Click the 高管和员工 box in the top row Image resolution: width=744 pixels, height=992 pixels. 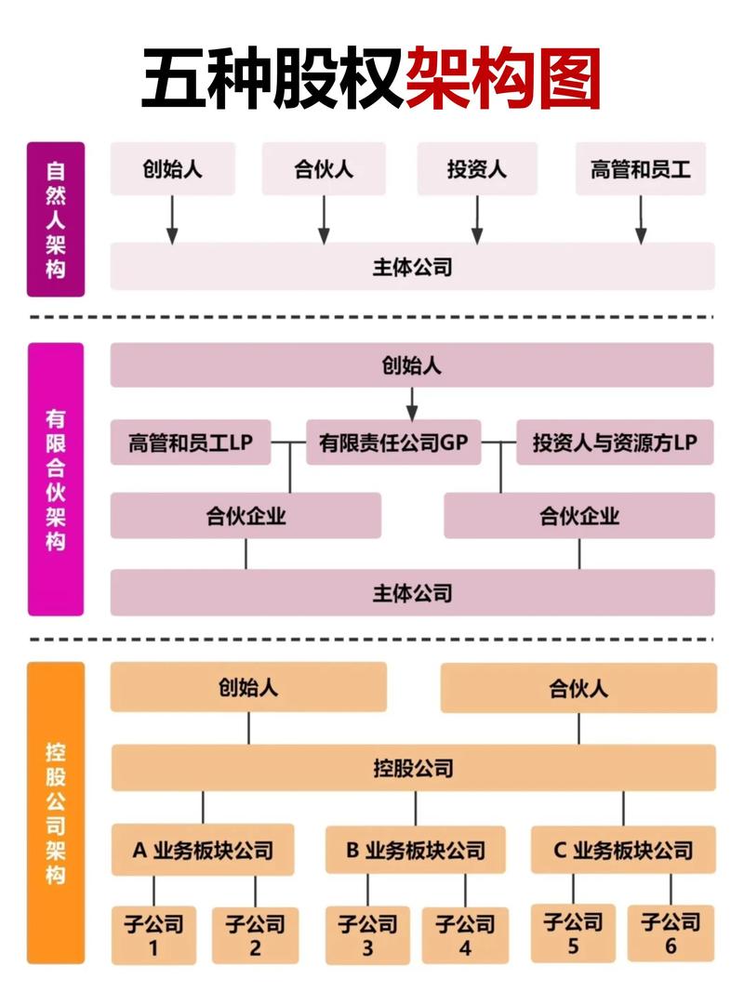(x=641, y=169)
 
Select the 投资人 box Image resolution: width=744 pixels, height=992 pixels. (x=477, y=169)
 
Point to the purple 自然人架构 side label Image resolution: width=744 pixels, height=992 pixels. (x=56, y=219)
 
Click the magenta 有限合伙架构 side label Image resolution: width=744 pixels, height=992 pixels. (x=56, y=479)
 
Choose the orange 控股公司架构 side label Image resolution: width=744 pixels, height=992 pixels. (x=56, y=812)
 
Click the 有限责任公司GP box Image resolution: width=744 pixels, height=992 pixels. (x=393, y=443)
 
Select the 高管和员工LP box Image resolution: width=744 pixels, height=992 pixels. (x=191, y=443)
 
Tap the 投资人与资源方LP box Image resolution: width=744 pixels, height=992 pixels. (x=615, y=443)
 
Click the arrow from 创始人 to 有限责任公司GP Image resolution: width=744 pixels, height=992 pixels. (x=412, y=403)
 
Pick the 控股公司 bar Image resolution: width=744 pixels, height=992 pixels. (x=413, y=768)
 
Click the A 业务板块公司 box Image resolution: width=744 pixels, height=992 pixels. (x=203, y=850)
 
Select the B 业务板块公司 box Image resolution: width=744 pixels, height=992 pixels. (x=416, y=850)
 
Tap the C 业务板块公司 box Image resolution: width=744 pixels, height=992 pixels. (x=623, y=850)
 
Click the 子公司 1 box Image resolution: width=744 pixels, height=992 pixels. (x=154, y=935)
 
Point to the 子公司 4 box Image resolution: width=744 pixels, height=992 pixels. (x=465, y=935)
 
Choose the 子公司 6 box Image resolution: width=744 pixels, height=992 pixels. (x=671, y=933)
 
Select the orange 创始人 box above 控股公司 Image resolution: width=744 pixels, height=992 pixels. (x=248, y=688)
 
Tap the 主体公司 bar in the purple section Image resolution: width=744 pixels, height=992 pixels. (x=412, y=268)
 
